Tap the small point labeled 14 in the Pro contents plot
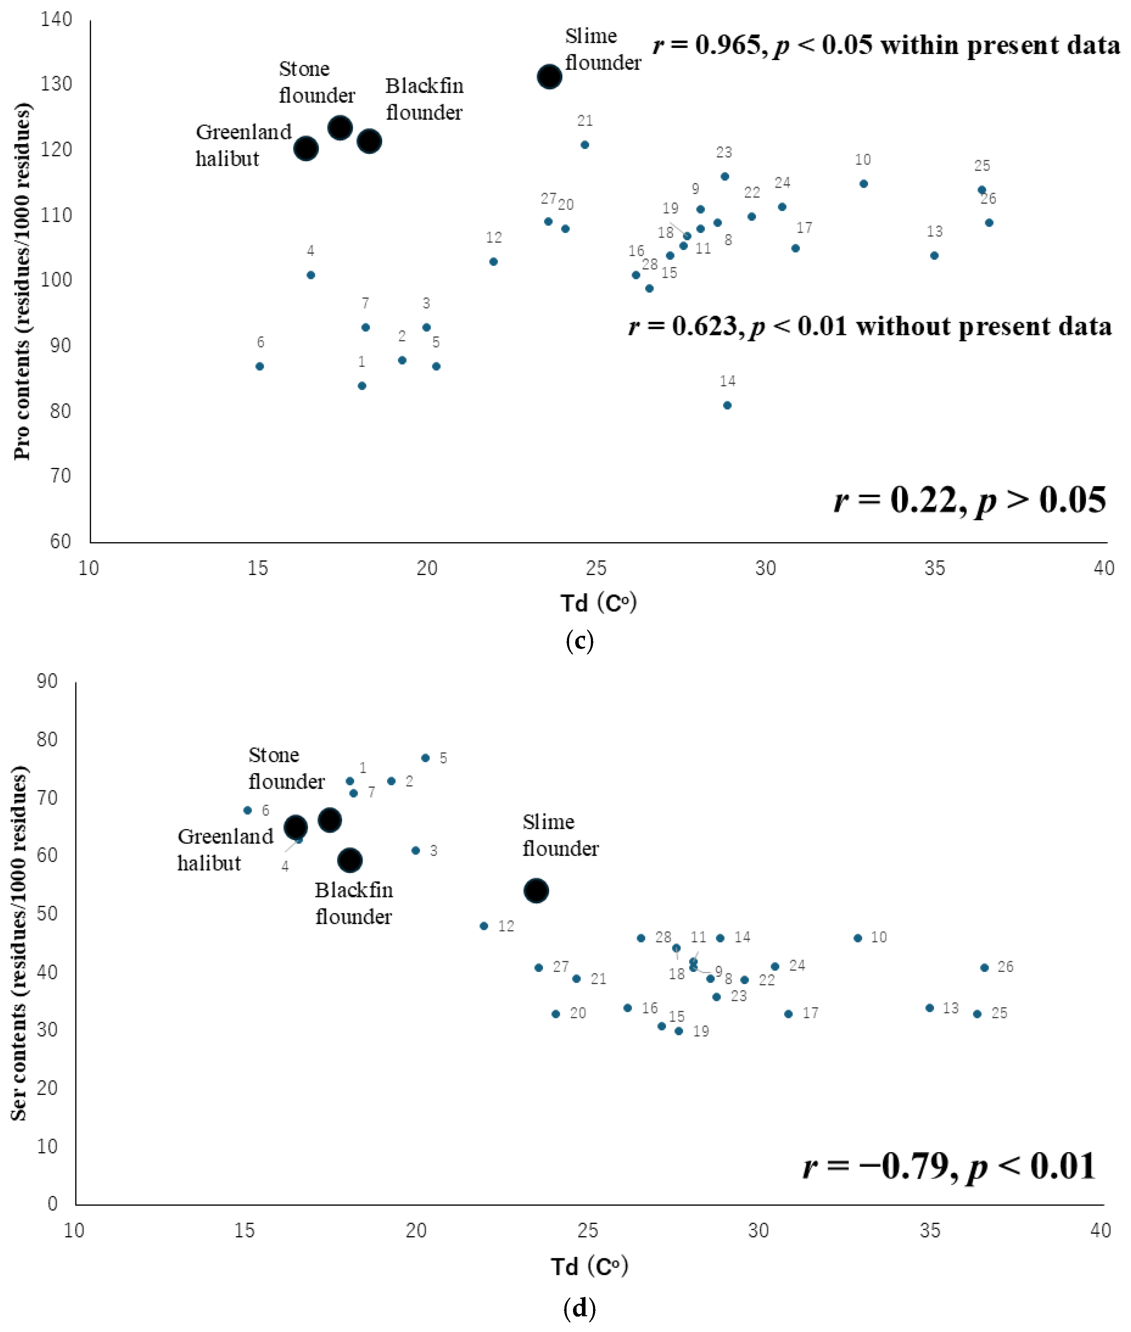tap(727, 405)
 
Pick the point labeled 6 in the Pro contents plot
tap(260, 366)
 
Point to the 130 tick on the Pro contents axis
tap(56, 84)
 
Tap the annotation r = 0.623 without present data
tap(870, 326)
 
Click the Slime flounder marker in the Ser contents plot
tap(536, 891)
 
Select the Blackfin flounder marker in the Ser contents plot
tap(350, 860)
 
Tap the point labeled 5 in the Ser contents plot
tap(425, 758)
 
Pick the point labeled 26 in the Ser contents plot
tap(985, 968)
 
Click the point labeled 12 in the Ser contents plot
tap(484, 926)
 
